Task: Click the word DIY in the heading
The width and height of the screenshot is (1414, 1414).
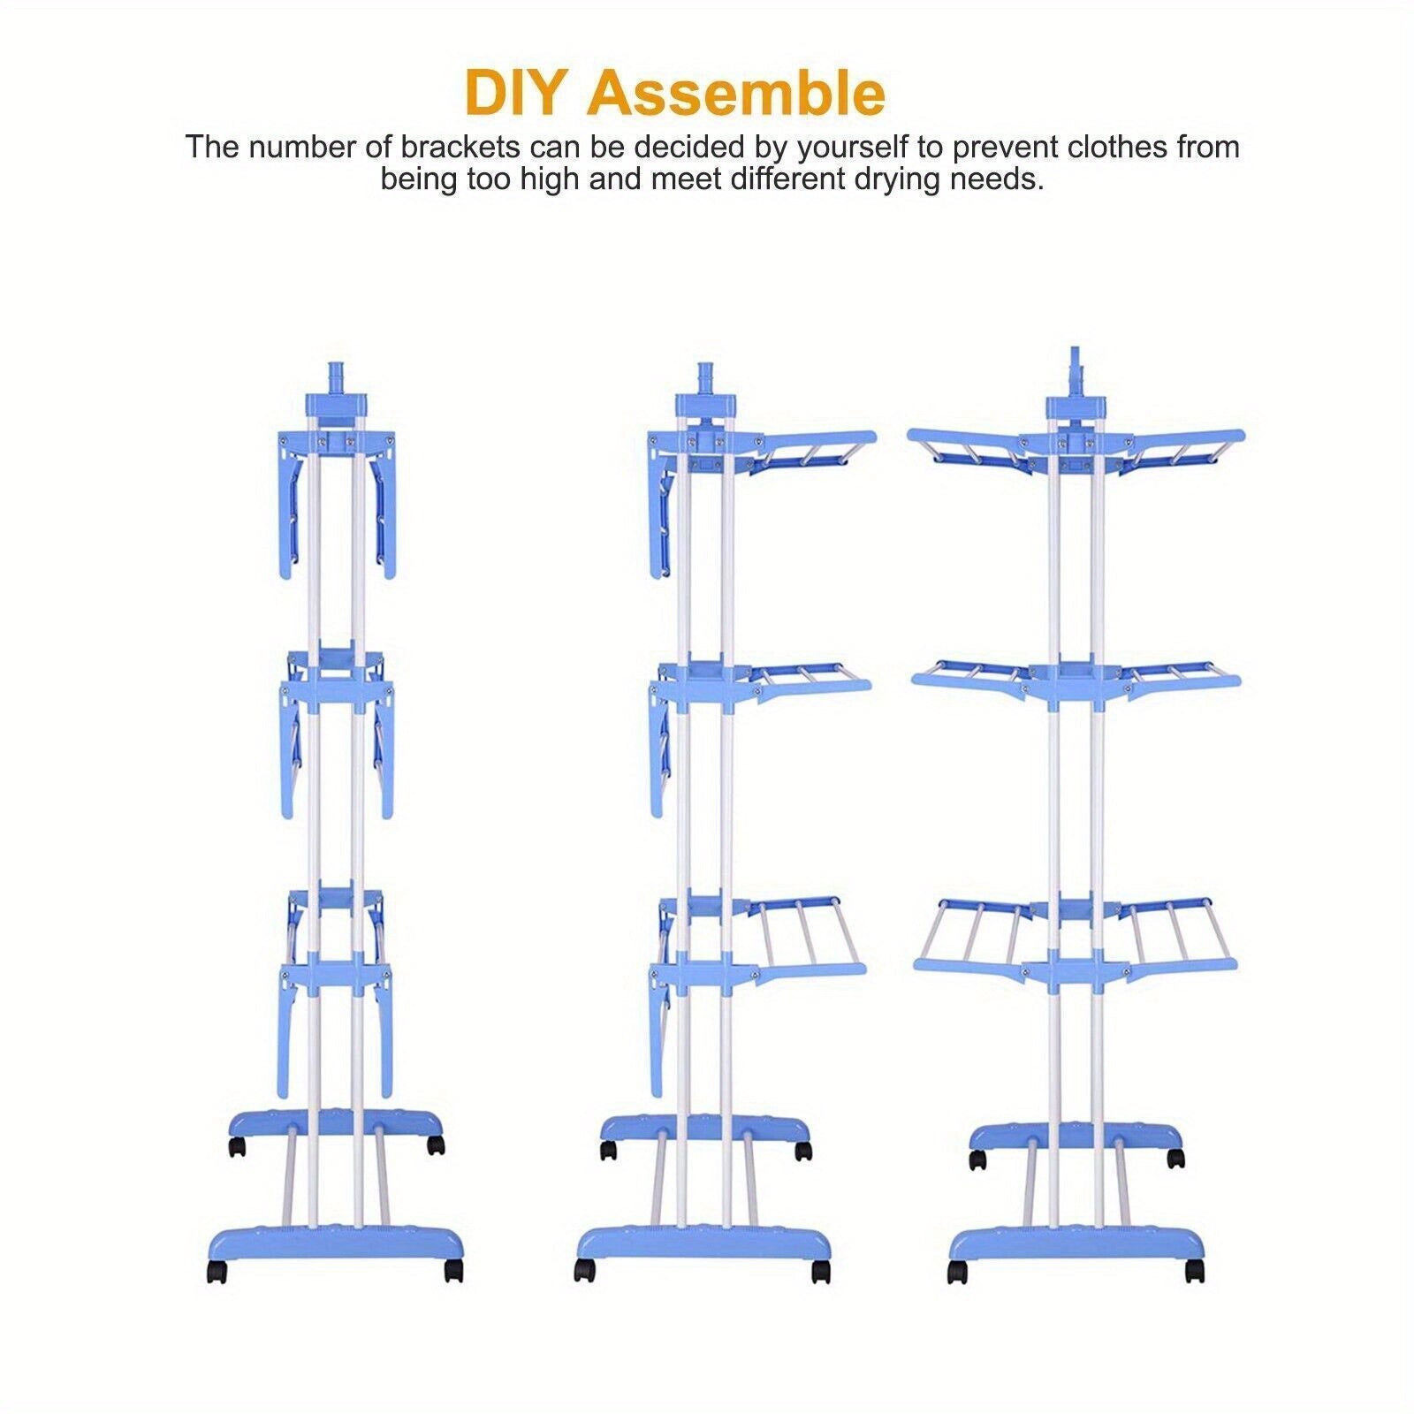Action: pyautogui.click(x=516, y=94)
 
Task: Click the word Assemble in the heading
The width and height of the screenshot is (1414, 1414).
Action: pyautogui.click(x=735, y=94)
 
